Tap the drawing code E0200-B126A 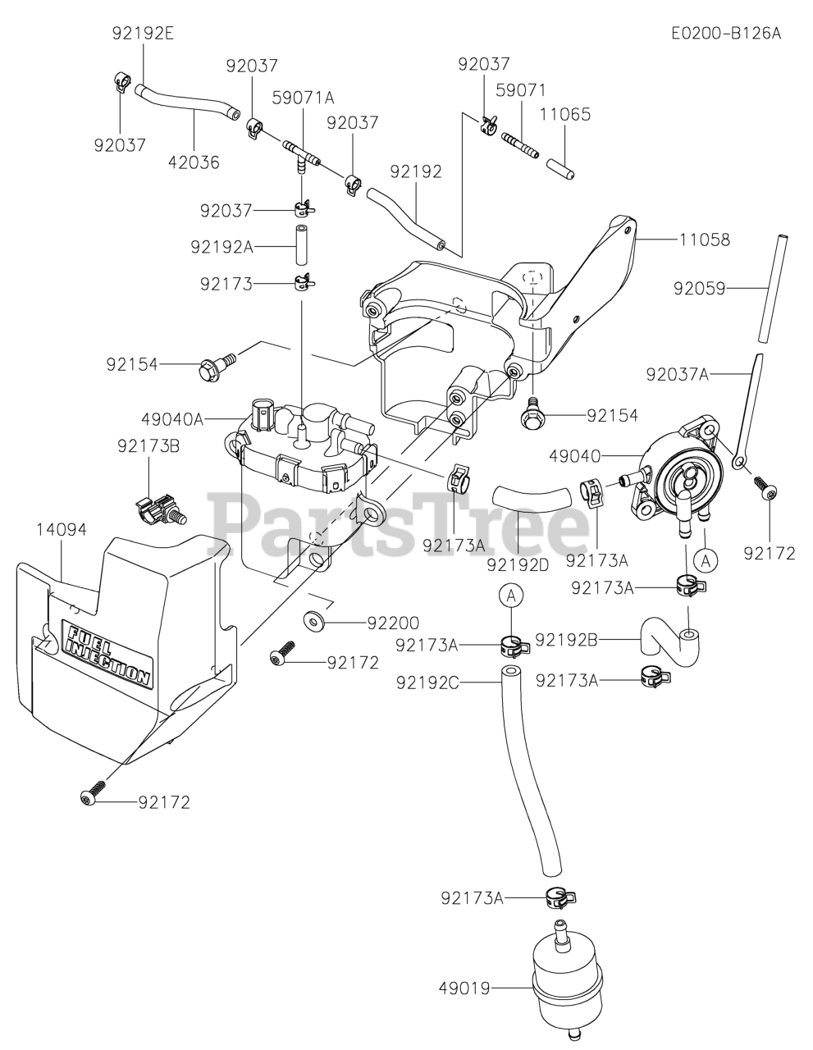[725, 34]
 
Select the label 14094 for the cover [62, 529]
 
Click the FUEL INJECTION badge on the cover [107, 654]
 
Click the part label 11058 [705, 240]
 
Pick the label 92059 [700, 287]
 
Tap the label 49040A [172, 419]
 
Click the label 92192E [143, 34]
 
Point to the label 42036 [194, 162]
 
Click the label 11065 [565, 114]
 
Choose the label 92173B [148, 446]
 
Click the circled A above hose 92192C [510, 596]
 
